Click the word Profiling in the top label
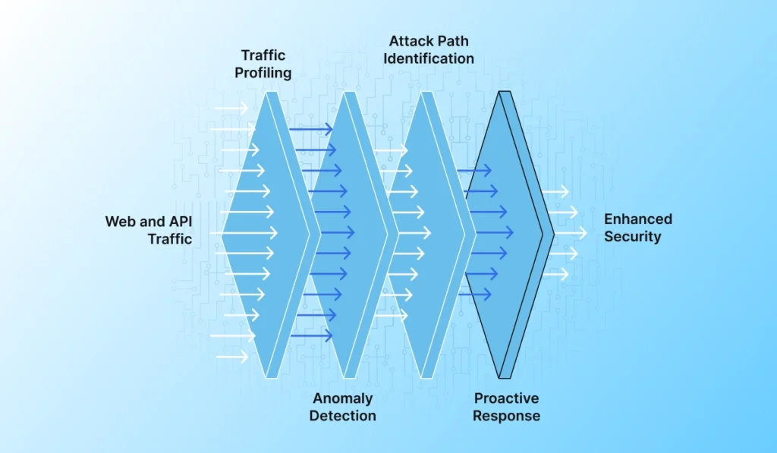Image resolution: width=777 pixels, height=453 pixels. click(x=263, y=73)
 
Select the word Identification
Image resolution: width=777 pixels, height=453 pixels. click(x=428, y=58)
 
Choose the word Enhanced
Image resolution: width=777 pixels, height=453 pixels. click(x=637, y=219)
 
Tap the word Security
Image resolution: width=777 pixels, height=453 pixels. click(x=632, y=237)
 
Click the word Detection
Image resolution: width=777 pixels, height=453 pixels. click(x=344, y=416)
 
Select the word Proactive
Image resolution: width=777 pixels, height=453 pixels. click(x=506, y=398)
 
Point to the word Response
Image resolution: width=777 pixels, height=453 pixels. click(x=506, y=416)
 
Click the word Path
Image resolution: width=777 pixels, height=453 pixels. click(x=454, y=41)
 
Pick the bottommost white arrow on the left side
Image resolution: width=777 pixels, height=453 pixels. click(x=231, y=356)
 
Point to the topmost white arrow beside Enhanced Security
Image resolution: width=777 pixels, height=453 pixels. click(x=555, y=192)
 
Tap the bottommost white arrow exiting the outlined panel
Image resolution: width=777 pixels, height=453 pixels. click(x=555, y=275)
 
